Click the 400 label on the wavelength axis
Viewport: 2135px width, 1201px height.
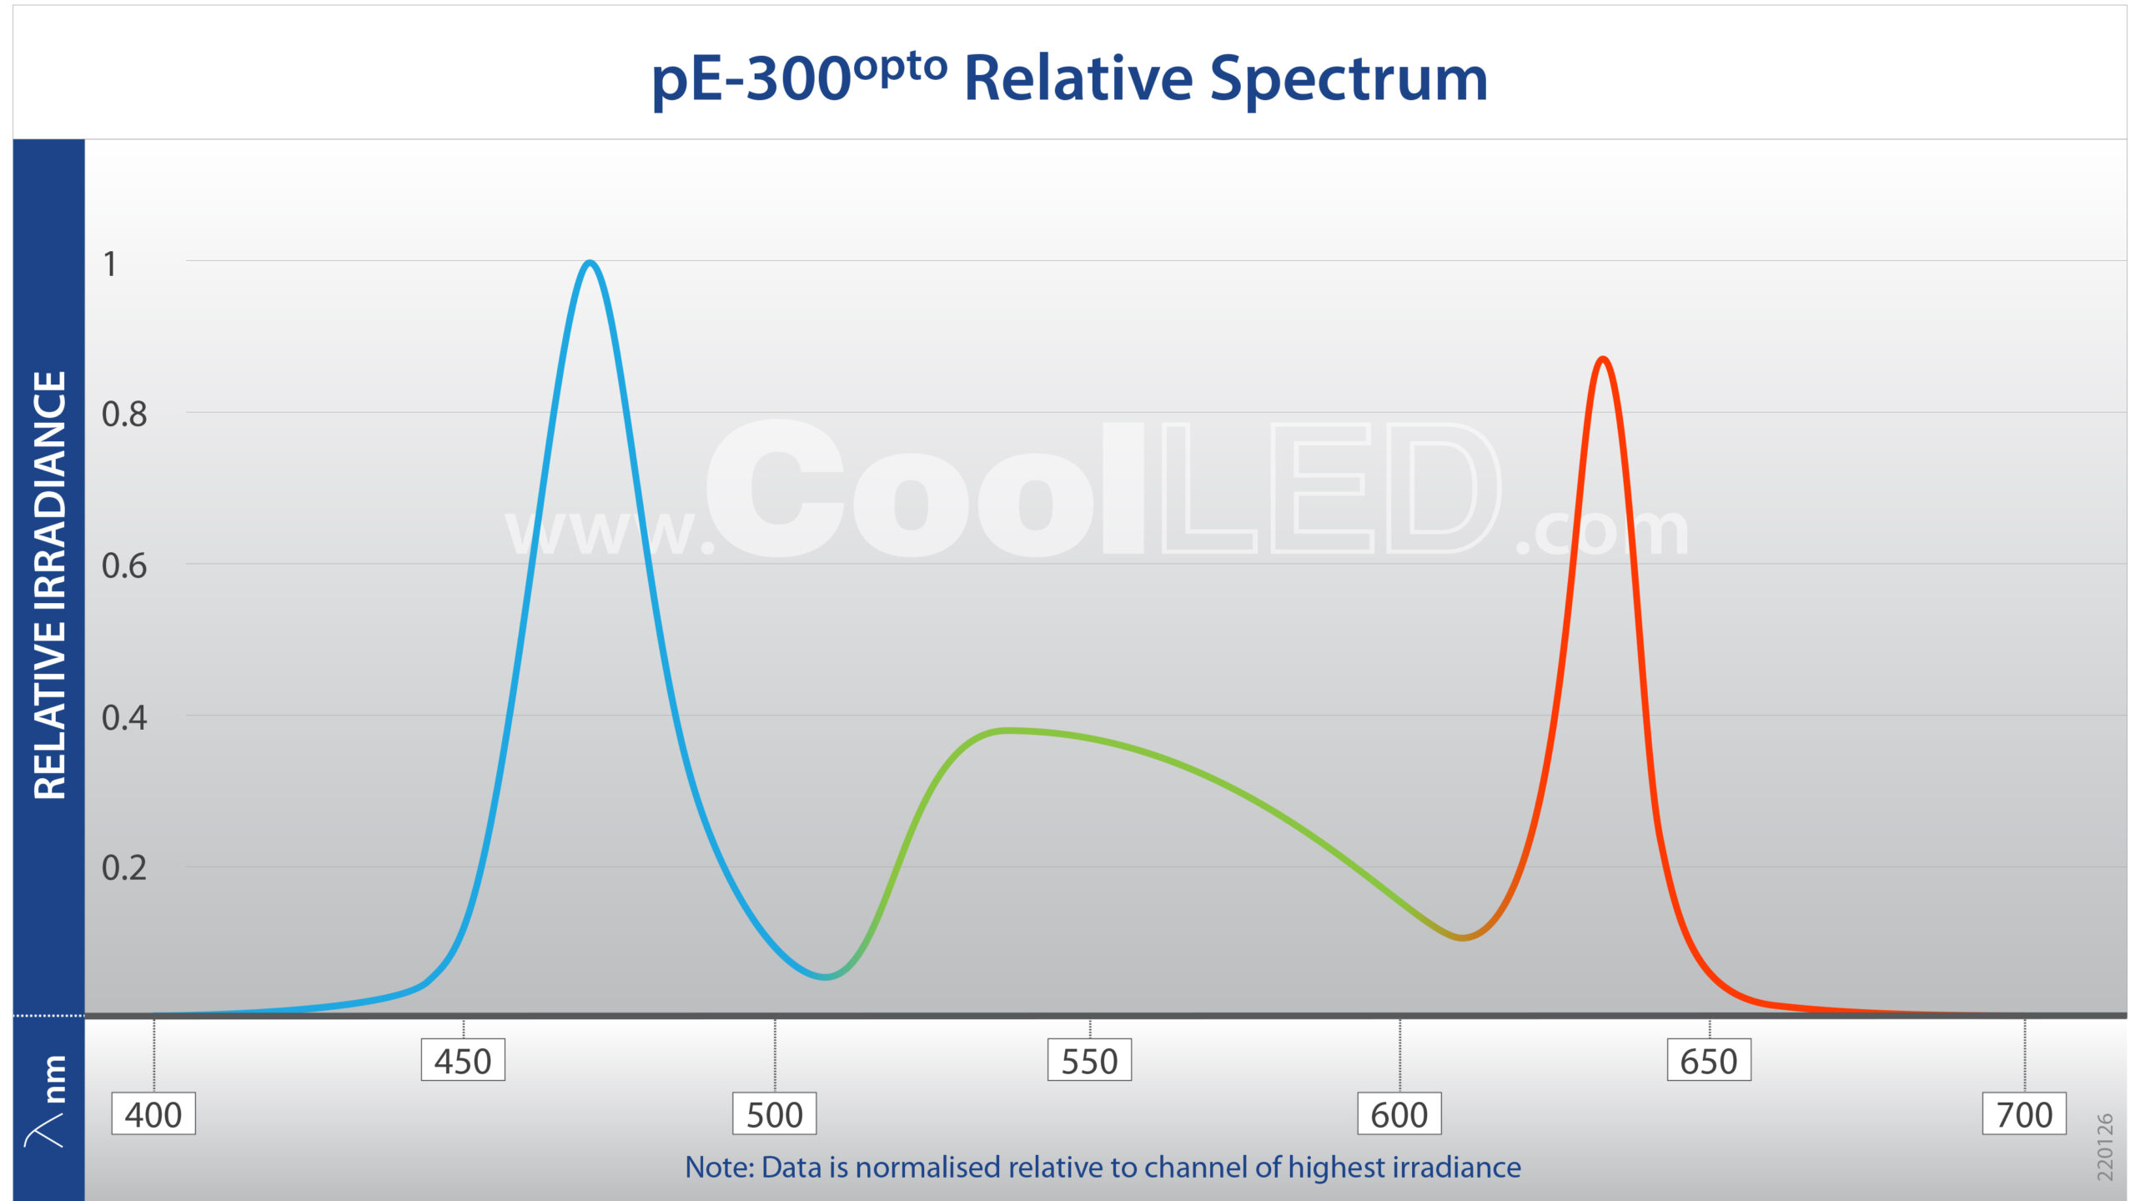click(153, 1114)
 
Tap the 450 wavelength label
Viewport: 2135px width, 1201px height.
click(463, 1061)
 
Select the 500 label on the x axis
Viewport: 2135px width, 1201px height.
click(774, 1114)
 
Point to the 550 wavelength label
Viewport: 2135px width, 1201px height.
click(1089, 1061)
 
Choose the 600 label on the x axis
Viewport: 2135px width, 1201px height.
click(1399, 1114)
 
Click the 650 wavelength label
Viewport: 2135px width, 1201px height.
click(1709, 1061)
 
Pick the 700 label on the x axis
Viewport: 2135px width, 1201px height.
click(2024, 1114)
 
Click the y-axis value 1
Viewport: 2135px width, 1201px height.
click(109, 264)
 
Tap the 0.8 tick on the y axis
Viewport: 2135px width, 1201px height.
click(124, 415)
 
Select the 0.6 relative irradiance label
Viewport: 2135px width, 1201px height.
click(124, 566)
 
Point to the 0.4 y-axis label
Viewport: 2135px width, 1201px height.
click(124, 718)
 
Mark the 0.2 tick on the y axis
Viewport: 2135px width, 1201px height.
click(124, 868)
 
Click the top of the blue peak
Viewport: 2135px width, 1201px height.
click(590, 264)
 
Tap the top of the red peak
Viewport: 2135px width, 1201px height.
click(1603, 359)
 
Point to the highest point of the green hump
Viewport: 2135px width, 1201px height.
click(1007, 731)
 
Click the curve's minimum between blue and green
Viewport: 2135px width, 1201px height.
click(825, 976)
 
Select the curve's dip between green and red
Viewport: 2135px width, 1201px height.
click(1462, 937)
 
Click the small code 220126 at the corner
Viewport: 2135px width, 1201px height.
click(2105, 1147)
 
